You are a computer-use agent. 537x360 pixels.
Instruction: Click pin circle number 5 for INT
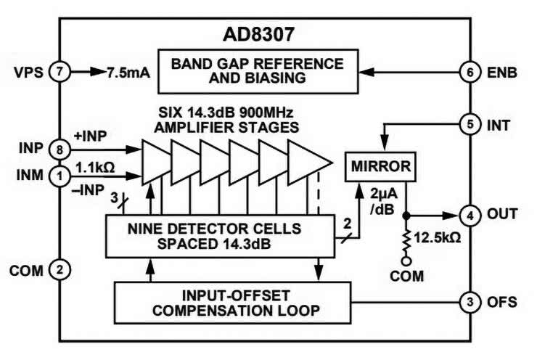pyautogui.click(x=470, y=125)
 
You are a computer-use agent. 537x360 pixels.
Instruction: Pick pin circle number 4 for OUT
pyautogui.click(x=470, y=215)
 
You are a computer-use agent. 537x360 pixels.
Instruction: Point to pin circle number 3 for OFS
pyautogui.click(x=470, y=302)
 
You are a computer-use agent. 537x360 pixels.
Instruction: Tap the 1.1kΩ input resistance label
pyautogui.click(x=94, y=166)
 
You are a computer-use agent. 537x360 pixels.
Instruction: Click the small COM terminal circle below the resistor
pyautogui.click(x=406, y=261)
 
